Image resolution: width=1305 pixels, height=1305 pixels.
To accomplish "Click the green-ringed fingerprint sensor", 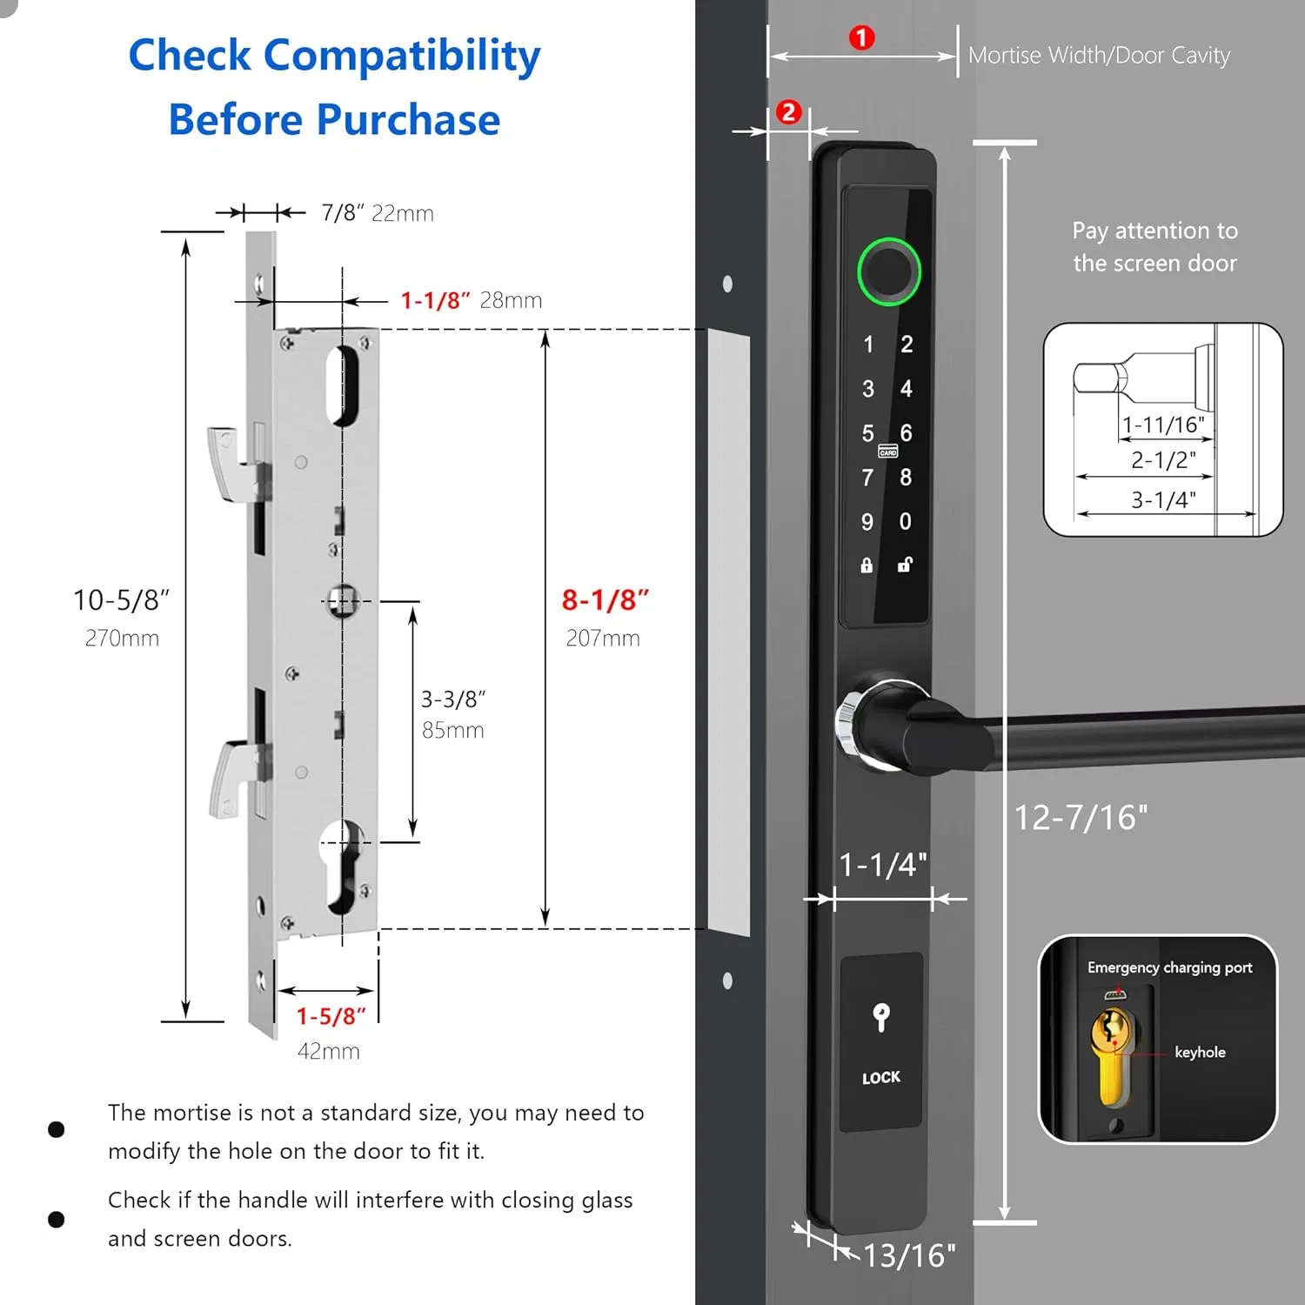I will (x=887, y=271).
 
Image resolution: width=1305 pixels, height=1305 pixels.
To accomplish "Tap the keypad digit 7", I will (x=867, y=478).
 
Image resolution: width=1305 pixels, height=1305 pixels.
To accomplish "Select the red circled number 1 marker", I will (x=861, y=38).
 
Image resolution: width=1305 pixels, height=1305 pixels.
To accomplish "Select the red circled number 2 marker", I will (x=788, y=112).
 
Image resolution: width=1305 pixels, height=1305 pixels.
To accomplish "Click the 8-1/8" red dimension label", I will (x=606, y=600).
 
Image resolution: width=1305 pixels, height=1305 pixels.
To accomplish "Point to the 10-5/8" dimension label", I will (x=121, y=600).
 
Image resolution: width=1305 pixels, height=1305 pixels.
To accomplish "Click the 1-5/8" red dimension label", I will (x=331, y=1016).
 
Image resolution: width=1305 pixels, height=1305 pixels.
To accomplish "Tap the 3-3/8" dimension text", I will (x=453, y=699).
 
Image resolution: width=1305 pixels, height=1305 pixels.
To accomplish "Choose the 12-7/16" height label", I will (x=1081, y=818).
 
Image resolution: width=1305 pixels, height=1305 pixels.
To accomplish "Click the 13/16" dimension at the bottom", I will (x=909, y=1255).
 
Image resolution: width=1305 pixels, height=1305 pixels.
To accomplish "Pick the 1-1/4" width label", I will (x=883, y=865).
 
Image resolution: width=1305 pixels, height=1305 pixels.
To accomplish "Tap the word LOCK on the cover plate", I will (x=881, y=1078).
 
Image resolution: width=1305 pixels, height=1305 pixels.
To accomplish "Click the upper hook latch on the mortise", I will (x=228, y=461).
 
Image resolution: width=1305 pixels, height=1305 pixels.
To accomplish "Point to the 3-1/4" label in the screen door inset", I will (x=1163, y=500).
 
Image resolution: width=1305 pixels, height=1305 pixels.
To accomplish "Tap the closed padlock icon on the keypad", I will (x=867, y=565).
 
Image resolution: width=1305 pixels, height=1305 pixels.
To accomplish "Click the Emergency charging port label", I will (x=1169, y=967).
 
